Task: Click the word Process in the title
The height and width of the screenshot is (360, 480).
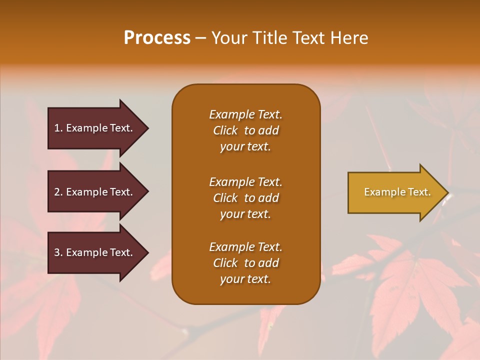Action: (x=157, y=38)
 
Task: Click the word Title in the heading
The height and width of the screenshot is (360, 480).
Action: (x=270, y=38)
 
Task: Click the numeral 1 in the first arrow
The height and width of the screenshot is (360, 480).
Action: (x=57, y=128)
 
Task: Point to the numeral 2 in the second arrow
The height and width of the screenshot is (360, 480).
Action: (x=57, y=192)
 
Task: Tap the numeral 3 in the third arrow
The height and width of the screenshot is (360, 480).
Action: (x=57, y=252)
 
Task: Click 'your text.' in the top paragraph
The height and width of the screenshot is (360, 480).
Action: (x=245, y=147)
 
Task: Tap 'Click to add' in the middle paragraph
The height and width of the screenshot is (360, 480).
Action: (x=245, y=198)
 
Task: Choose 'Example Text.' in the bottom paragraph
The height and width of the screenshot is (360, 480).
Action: (x=245, y=247)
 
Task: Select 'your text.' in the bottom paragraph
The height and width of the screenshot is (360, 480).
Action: (x=245, y=279)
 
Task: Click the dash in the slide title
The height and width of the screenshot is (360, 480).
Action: (x=200, y=38)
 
